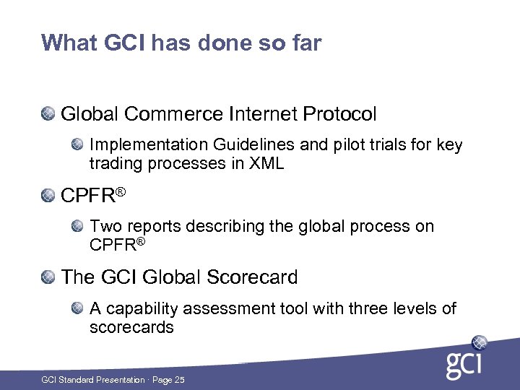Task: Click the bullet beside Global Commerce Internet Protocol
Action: pos(48,114)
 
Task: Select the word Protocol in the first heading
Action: pos(340,114)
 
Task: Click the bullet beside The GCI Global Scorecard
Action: pos(48,277)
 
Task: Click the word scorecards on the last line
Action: pos(131,327)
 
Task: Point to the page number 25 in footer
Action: pos(180,380)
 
